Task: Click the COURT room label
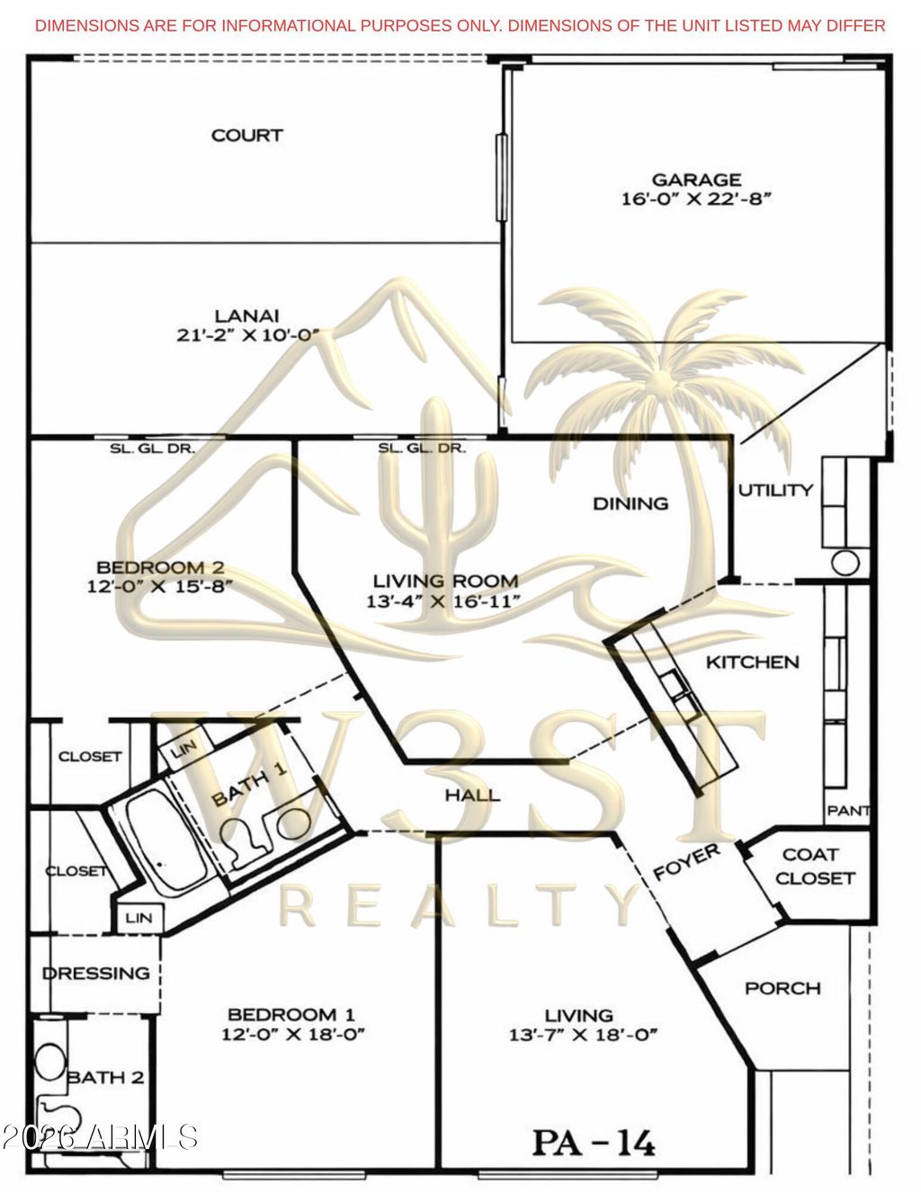[246, 136]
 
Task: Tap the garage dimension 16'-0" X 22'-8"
[696, 200]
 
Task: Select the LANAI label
[246, 316]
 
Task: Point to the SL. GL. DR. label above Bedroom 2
[152, 448]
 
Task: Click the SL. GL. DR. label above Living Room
[421, 448]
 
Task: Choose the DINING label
[630, 503]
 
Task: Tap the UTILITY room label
[775, 490]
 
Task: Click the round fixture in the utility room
[845, 563]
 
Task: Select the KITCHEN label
[752, 663]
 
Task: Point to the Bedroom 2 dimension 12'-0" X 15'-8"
[160, 587]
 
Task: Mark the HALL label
[472, 796]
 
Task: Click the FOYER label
[686, 862]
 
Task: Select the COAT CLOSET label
[814, 867]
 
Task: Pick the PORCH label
[782, 989]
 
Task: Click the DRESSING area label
[96, 974]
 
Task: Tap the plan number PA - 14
[594, 1143]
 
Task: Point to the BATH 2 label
[105, 1078]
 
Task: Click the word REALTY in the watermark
[459, 905]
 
